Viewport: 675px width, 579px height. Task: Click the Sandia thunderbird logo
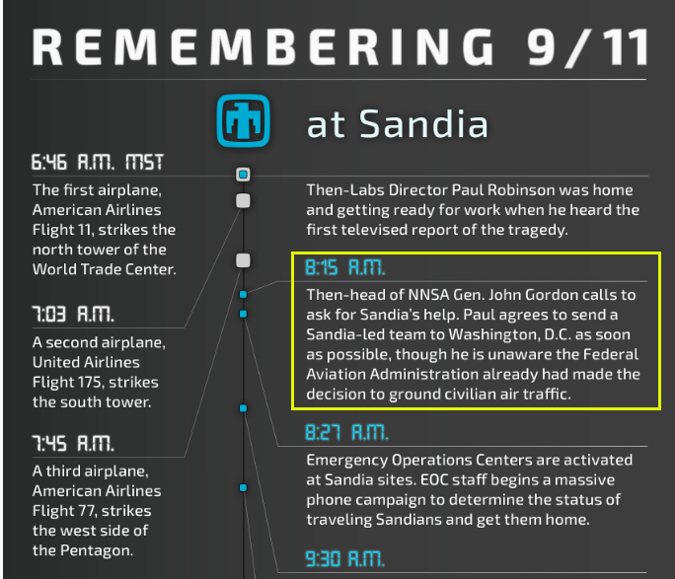click(243, 120)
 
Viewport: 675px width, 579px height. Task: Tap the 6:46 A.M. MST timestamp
click(98, 163)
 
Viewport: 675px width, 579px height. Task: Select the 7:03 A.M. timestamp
click(73, 314)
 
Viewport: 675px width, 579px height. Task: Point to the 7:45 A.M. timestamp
click(73, 443)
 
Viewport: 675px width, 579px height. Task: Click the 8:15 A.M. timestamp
click(344, 267)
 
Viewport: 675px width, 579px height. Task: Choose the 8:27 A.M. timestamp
click(346, 432)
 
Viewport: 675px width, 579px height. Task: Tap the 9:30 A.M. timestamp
click(344, 559)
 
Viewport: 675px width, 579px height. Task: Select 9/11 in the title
click(588, 47)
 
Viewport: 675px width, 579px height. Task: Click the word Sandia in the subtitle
click(423, 124)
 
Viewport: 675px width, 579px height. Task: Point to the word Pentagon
click(96, 550)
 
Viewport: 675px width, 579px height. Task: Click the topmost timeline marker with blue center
click(243, 175)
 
